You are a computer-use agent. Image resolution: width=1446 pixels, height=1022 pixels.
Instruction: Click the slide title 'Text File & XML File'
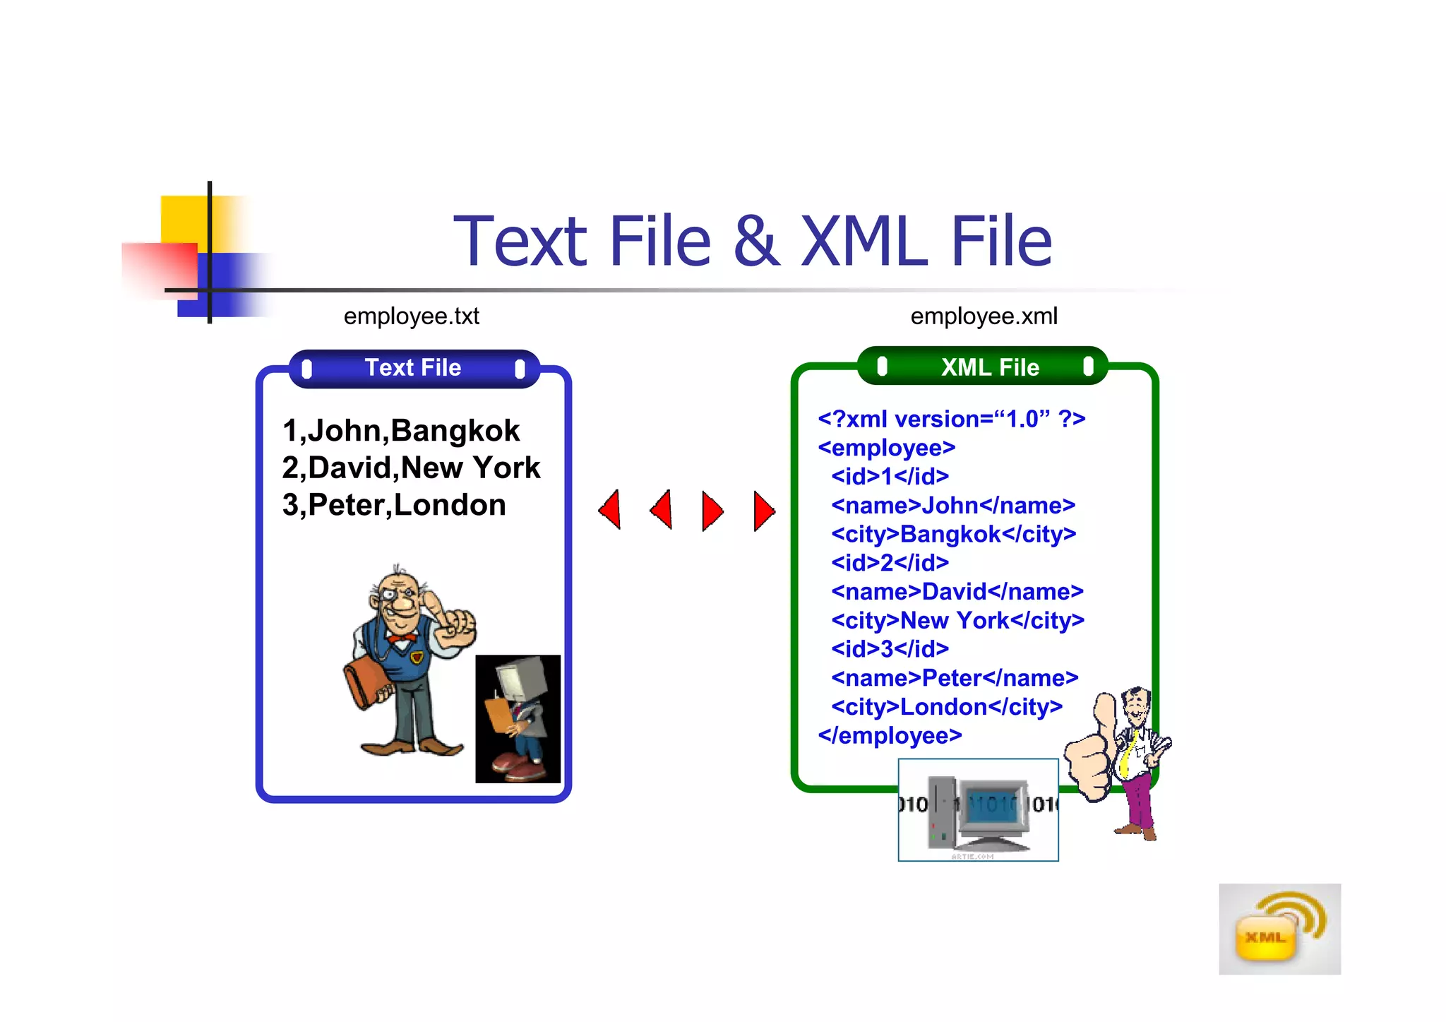752,242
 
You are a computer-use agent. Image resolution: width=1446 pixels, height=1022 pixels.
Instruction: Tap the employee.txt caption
411,316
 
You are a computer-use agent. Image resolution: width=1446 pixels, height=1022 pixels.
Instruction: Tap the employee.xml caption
984,316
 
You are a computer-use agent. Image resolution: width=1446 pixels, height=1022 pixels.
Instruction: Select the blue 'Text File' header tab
414,368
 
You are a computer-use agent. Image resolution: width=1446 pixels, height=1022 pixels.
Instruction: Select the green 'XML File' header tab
984,367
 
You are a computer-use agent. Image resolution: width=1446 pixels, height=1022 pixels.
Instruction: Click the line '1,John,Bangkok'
400,431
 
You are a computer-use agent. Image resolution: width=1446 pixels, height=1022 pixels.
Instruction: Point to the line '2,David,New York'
411,468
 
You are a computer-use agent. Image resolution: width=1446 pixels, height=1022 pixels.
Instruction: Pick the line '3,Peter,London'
394,505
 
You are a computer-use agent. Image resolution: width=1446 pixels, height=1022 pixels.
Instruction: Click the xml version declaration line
951,419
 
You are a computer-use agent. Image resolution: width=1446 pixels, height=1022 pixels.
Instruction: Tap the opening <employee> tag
886,448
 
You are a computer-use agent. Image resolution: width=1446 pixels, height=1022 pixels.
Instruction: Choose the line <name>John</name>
952,506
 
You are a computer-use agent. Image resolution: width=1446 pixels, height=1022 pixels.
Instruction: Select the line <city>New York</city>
957,620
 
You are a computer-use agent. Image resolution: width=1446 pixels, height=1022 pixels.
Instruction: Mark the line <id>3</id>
890,649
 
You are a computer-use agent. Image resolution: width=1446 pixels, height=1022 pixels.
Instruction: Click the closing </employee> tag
890,735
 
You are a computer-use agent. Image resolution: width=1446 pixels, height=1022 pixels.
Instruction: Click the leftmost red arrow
611,509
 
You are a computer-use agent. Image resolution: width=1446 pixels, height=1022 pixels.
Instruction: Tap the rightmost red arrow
763,511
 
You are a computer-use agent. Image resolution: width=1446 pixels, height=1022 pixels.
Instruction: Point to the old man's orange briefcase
366,682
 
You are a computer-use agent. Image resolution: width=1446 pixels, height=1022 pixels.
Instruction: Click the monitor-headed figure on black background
518,718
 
